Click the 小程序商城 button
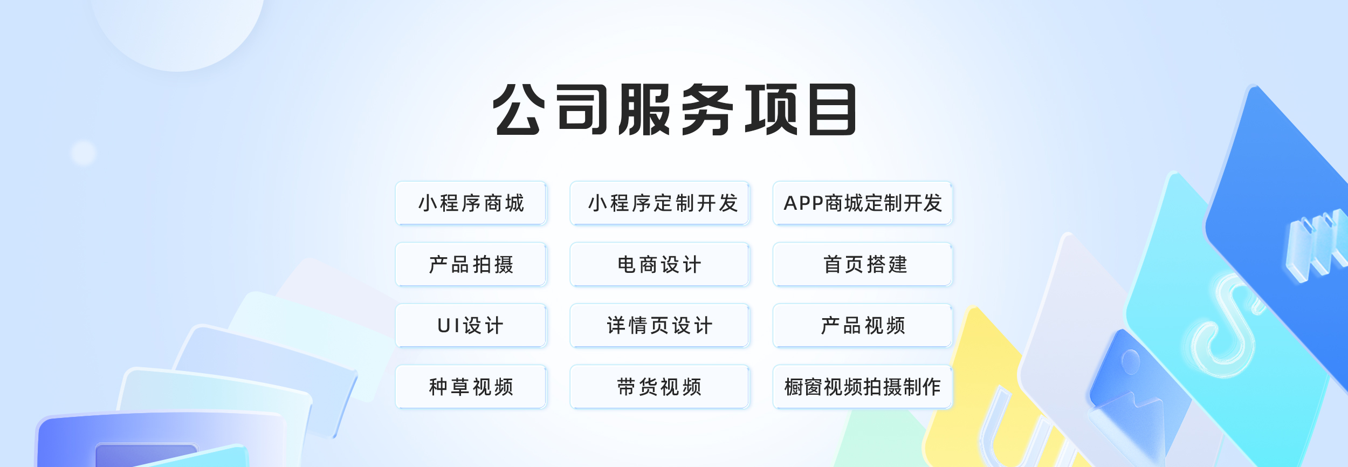pos(471,203)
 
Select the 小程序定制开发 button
pos(659,203)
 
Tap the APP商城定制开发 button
pos(863,203)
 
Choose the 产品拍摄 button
pos(471,264)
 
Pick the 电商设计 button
pos(659,264)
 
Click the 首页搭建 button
pos(863,264)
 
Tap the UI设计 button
pos(471,325)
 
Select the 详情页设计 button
pos(659,325)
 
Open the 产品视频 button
pos(863,325)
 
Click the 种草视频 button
pos(471,387)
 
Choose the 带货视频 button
pos(659,387)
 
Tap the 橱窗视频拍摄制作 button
pos(863,387)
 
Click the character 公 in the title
pos(517,109)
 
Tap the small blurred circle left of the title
pos(84,153)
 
